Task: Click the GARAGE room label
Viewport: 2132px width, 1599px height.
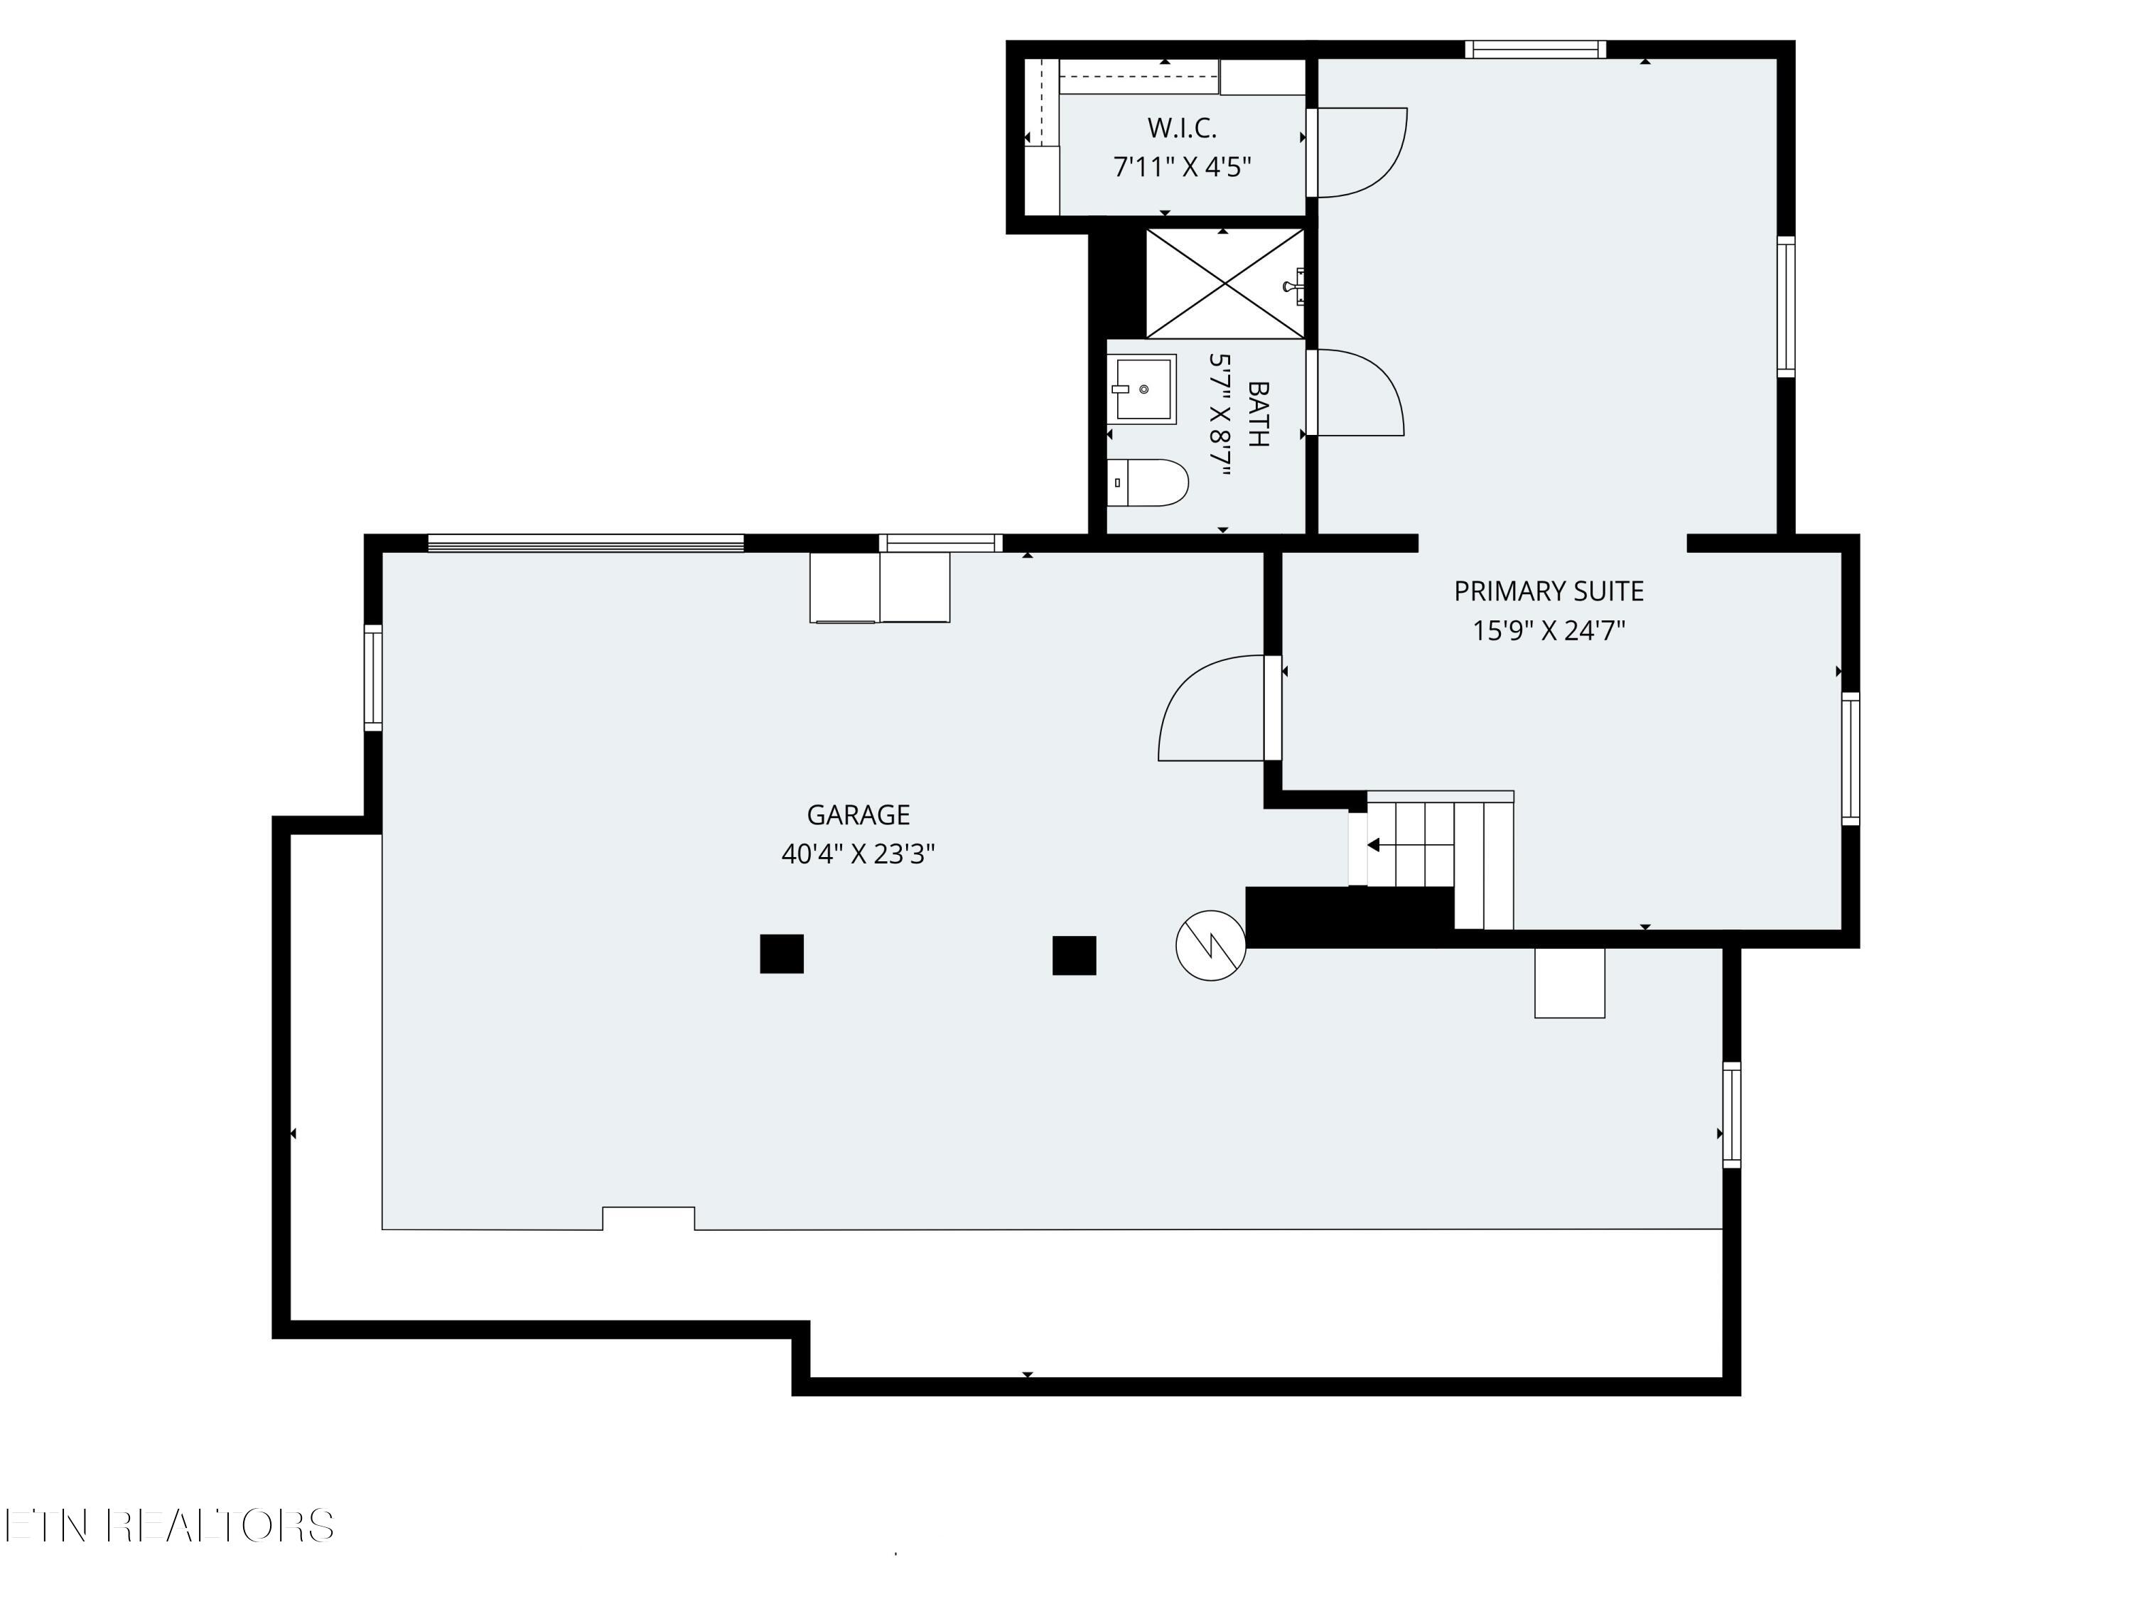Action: pyautogui.click(x=858, y=815)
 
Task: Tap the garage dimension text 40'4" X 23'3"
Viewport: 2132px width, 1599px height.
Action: pyautogui.click(x=858, y=854)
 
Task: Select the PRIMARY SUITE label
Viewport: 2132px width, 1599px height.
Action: pyautogui.click(x=1549, y=591)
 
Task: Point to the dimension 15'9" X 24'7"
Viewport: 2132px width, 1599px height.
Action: pyautogui.click(x=1549, y=630)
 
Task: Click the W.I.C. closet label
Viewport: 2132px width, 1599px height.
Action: pyautogui.click(x=1182, y=127)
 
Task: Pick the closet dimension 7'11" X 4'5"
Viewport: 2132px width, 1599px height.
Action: pyautogui.click(x=1182, y=167)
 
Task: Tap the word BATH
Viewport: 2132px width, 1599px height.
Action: pyautogui.click(x=1258, y=414)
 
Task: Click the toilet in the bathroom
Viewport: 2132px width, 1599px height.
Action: pyautogui.click(x=1147, y=483)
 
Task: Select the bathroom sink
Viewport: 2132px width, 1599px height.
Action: pyautogui.click(x=1142, y=389)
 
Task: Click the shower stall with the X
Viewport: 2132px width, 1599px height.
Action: pyautogui.click(x=1224, y=284)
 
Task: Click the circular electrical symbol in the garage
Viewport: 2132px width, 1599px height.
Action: pyautogui.click(x=1210, y=945)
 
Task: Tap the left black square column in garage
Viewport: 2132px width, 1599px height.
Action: pyautogui.click(x=782, y=954)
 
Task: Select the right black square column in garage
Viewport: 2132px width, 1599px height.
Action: pyautogui.click(x=1074, y=955)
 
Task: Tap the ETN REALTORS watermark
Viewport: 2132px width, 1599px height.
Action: pyautogui.click(x=170, y=1526)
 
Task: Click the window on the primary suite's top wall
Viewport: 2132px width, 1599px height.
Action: pyautogui.click(x=1535, y=49)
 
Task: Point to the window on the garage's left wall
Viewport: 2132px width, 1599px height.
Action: pyautogui.click(x=373, y=677)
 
